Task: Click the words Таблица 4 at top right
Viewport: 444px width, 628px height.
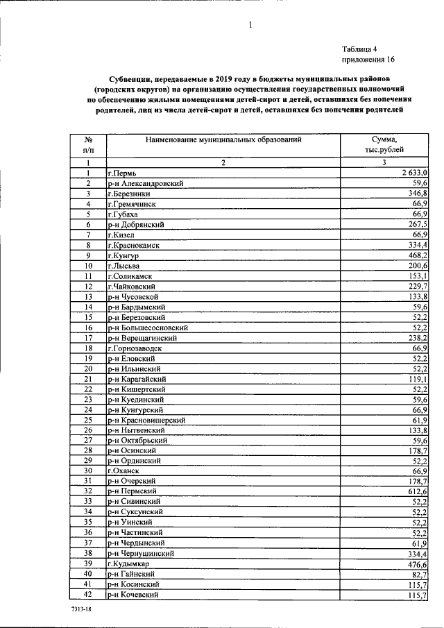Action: [359, 49]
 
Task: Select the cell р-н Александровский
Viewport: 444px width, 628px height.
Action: [145, 183]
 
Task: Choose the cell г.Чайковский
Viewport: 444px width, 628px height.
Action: [132, 286]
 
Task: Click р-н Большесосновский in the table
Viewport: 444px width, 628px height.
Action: [149, 328]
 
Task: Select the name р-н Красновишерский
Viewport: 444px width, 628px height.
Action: [146, 420]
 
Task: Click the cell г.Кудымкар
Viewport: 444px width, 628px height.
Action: [129, 564]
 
